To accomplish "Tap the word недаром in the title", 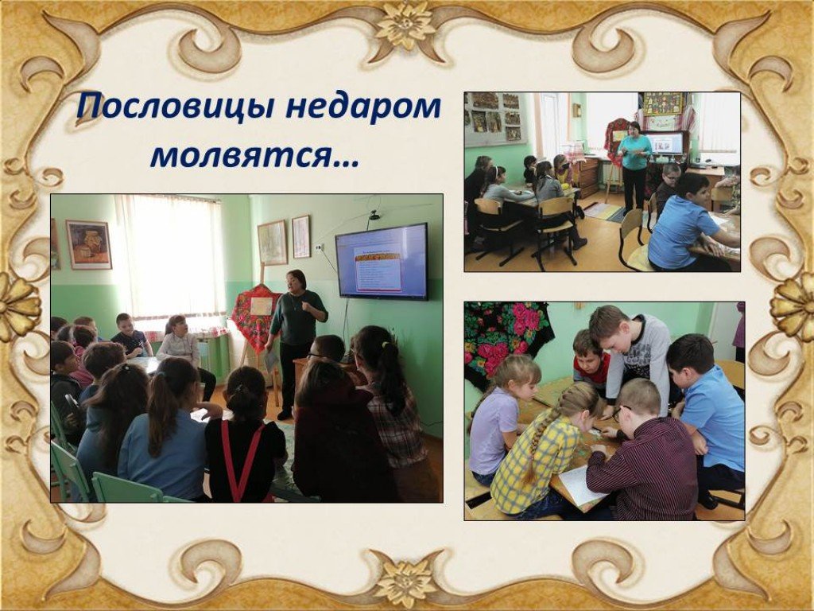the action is click(363, 107).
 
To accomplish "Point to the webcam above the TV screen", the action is click(374, 215).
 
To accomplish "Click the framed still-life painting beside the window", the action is click(89, 245).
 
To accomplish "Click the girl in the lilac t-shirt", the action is click(498, 415).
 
